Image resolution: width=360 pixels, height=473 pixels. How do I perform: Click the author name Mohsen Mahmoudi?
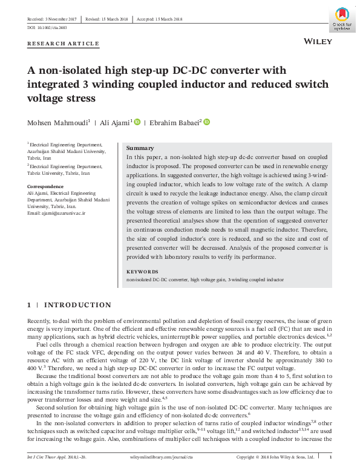click(x=58, y=123)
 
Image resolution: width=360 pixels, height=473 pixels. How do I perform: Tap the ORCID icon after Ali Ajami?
click(x=137, y=123)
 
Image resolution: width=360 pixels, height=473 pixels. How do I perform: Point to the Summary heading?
click(x=140, y=148)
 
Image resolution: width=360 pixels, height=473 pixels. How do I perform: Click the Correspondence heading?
click(x=45, y=186)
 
